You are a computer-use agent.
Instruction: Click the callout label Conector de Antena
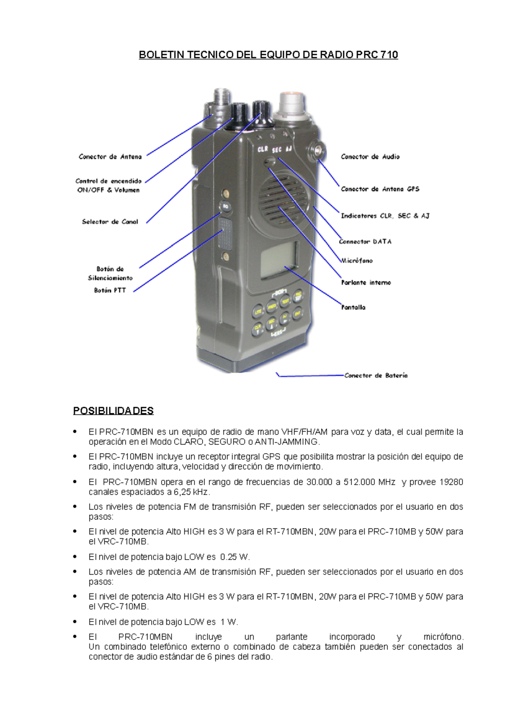pos(110,157)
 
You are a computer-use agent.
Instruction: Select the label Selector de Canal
pos(110,222)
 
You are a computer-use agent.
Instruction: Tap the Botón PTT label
pos(110,290)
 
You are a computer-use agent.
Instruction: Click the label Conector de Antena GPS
pos(380,189)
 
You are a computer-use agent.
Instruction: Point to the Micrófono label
pos(357,260)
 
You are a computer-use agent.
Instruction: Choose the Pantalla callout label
pos(353,307)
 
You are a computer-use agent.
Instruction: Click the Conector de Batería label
pos(376,376)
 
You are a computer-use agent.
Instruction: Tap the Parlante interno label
pos(366,283)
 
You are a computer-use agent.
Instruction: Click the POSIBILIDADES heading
pos(113,411)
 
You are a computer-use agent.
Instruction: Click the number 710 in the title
pos(389,55)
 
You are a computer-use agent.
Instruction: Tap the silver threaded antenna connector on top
pos(221,101)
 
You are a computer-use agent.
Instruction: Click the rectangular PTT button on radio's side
pos(225,234)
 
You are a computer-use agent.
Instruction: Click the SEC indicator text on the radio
pos(277,150)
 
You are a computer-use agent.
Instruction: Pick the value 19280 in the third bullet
pos(451,482)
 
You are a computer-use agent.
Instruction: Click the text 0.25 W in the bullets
pos(235,557)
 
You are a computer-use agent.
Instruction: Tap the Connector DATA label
pos(365,242)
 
